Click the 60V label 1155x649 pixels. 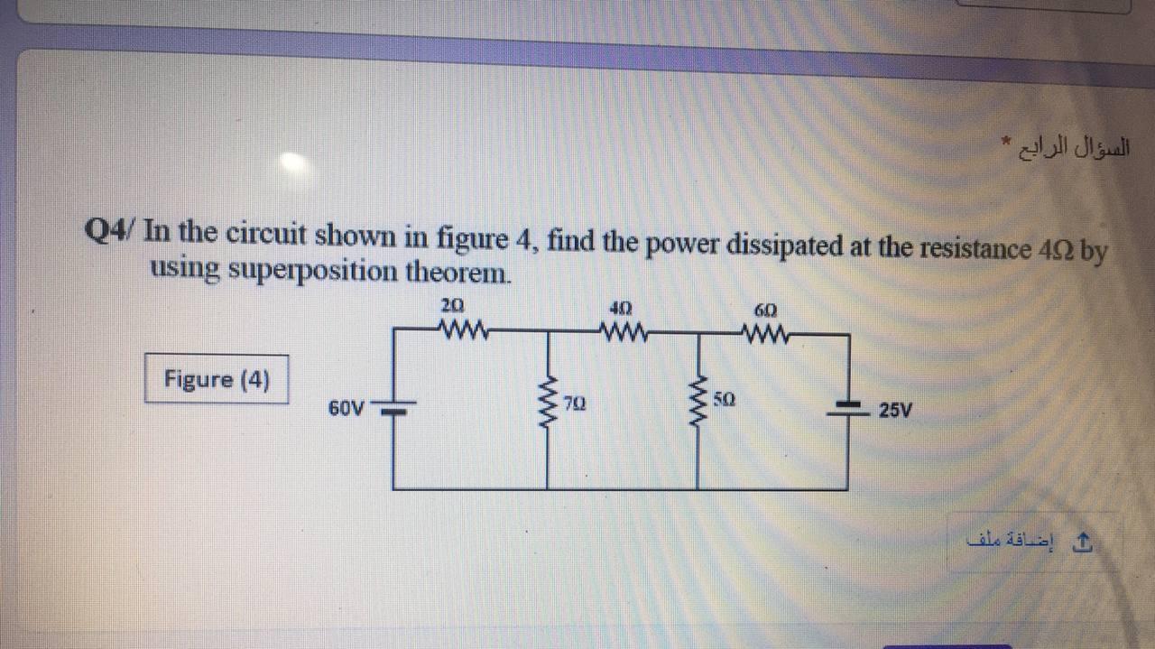pos(346,408)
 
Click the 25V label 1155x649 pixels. pos(896,411)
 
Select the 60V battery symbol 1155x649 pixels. pos(393,410)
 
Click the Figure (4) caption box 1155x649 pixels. pos(217,379)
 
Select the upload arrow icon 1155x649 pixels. pos(1086,542)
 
